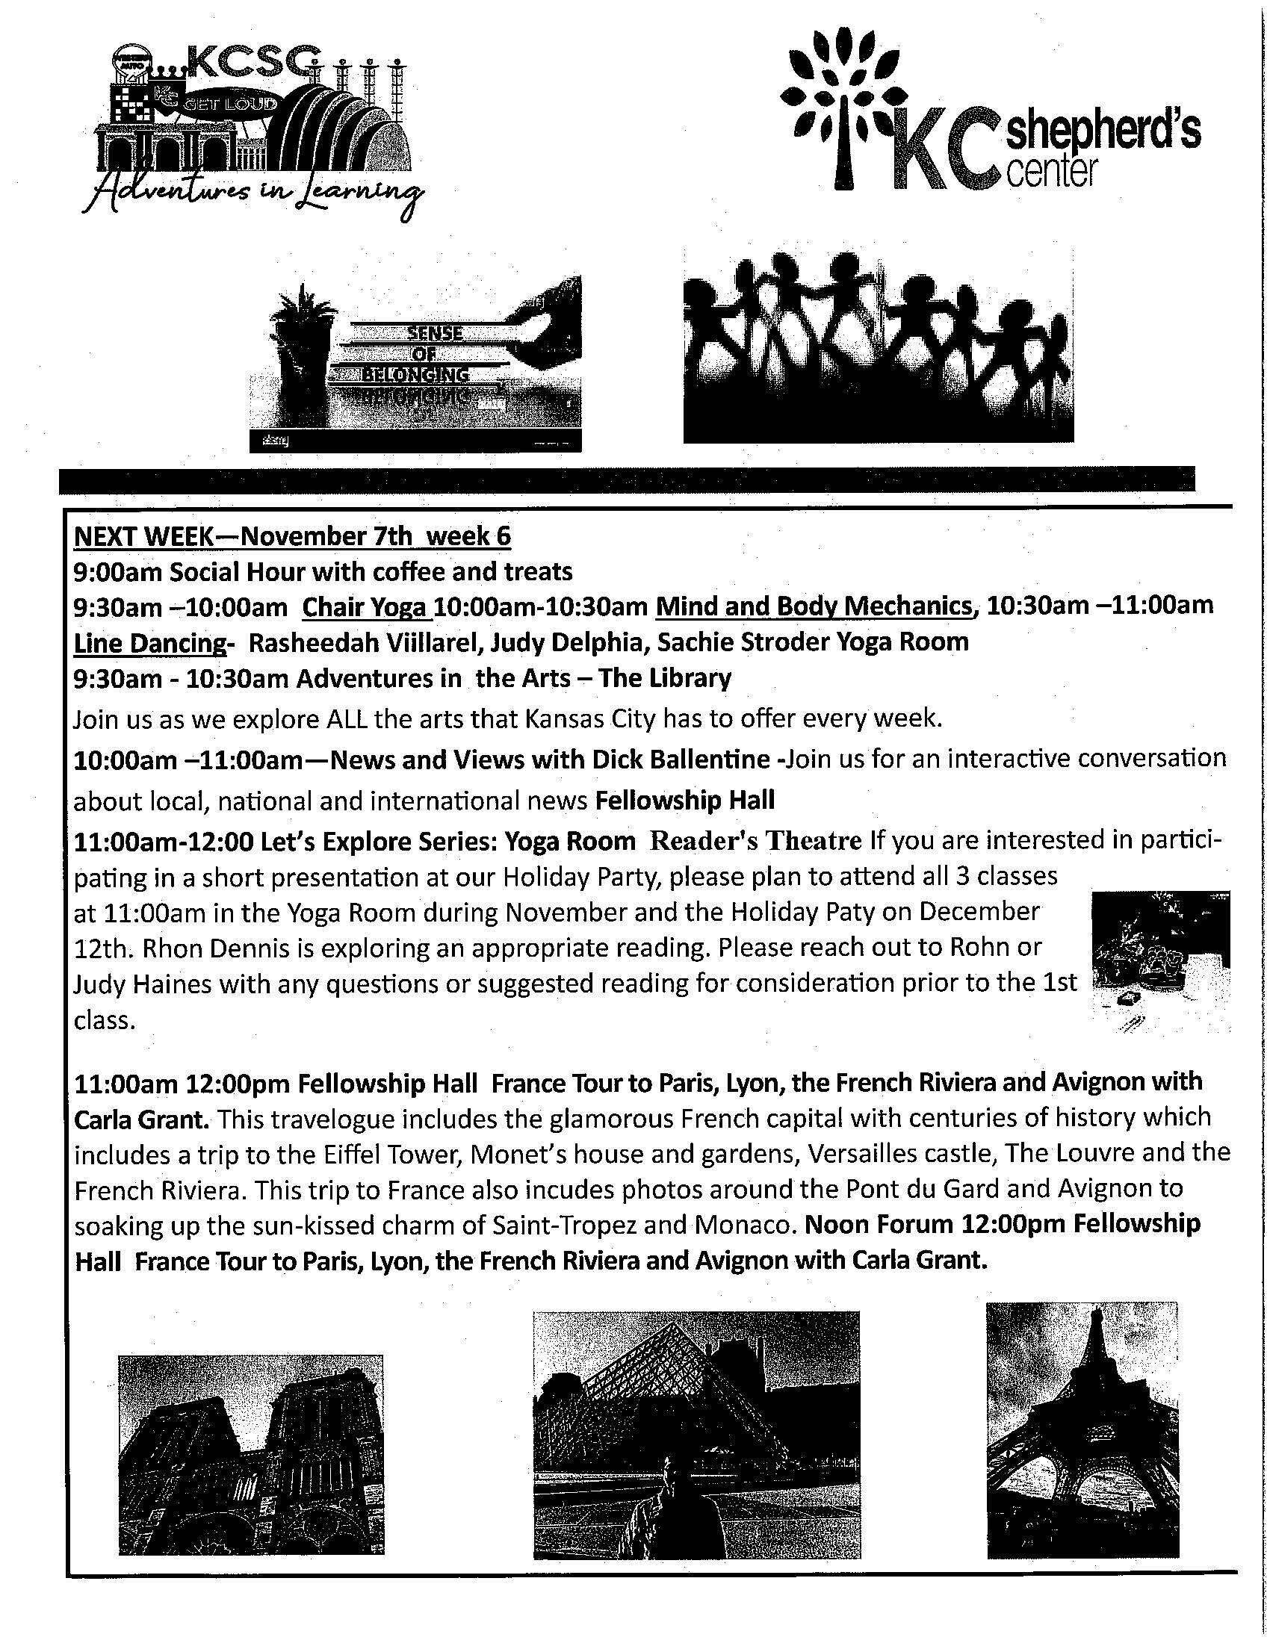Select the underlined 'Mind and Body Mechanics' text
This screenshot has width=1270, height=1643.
pos(814,606)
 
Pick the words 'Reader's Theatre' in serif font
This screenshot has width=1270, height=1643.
pos(755,839)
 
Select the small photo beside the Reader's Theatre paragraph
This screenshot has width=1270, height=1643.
pos(1160,959)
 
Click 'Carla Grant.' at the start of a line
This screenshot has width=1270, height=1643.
pos(140,1118)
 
